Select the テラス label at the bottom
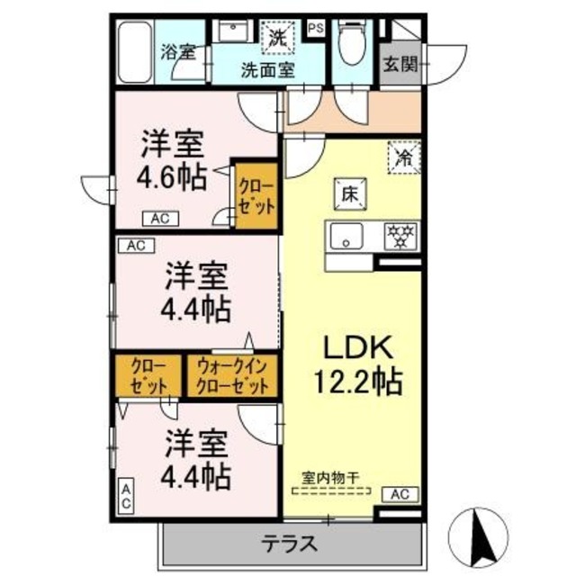(x=291, y=544)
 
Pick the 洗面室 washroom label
(x=267, y=70)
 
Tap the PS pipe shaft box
(x=316, y=28)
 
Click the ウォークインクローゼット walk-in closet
(x=232, y=376)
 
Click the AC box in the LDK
(x=400, y=493)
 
